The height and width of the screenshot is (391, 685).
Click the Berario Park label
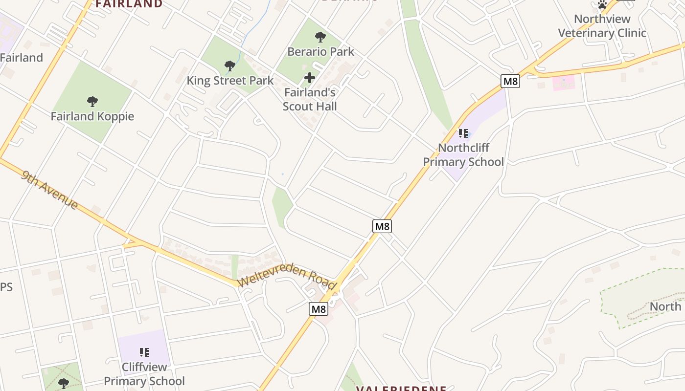point(320,51)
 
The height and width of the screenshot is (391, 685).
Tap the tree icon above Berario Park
point(320,37)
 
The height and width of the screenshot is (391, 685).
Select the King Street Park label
point(230,80)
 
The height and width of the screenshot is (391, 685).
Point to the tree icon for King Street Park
point(229,65)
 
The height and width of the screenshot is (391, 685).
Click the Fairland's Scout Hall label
point(310,99)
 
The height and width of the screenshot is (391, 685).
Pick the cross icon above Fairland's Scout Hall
point(310,77)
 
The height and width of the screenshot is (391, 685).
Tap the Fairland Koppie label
point(92,116)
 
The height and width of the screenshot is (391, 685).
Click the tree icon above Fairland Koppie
point(92,102)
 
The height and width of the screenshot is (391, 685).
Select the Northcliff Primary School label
point(463,154)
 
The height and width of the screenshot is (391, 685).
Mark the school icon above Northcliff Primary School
point(463,133)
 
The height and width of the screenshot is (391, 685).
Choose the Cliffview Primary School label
point(144,374)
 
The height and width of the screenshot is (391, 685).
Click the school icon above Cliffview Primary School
point(144,352)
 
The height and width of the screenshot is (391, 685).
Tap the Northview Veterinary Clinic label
point(602,26)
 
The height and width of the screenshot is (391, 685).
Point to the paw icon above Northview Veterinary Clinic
point(602,5)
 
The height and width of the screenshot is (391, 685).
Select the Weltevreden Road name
point(287,278)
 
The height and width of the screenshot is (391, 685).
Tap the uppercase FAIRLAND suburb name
point(129,4)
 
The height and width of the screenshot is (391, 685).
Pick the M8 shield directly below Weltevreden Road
point(319,309)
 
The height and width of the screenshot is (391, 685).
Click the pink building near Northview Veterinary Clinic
point(564,83)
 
